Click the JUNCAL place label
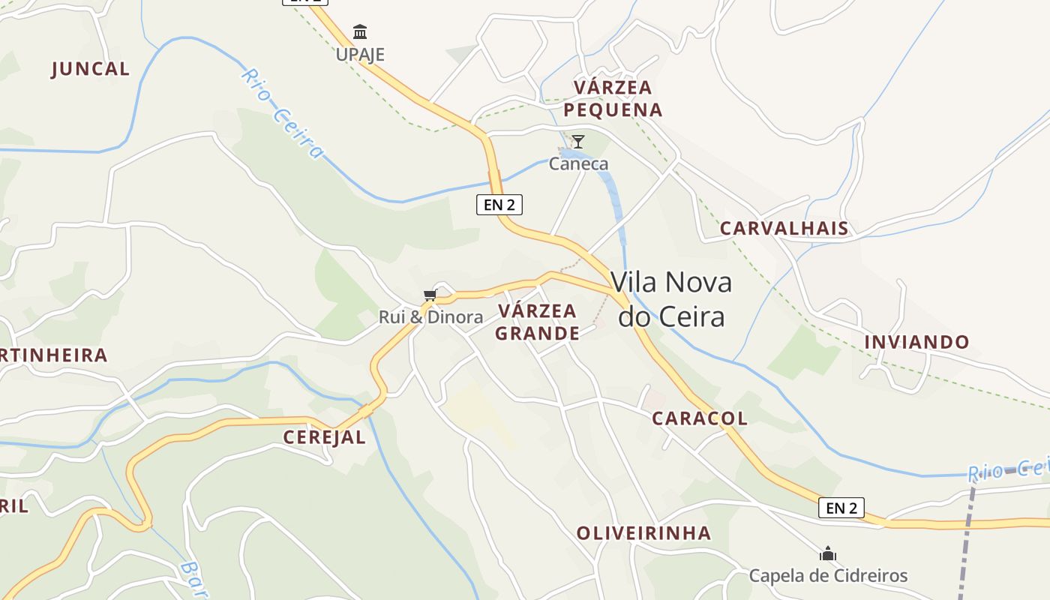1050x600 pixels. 90,69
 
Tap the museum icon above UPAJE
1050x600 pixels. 360,32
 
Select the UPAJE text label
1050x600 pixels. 360,54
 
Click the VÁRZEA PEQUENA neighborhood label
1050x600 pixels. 613,98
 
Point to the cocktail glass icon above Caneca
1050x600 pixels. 578,141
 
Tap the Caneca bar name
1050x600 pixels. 578,163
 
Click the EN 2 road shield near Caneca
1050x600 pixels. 499,204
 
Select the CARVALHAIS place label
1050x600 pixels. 784,229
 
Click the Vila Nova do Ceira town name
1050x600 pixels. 671,299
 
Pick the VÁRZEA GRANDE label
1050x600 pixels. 537,322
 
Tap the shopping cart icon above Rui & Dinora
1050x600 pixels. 430,295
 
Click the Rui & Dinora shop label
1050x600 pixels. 430,317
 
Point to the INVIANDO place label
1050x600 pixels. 916,342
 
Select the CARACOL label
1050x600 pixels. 699,418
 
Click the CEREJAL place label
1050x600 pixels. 324,437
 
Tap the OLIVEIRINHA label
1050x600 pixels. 643,533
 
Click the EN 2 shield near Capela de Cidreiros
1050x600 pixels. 841,508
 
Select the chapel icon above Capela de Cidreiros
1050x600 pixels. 828,554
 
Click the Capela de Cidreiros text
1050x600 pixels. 828,576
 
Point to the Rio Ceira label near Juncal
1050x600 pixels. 283,112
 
